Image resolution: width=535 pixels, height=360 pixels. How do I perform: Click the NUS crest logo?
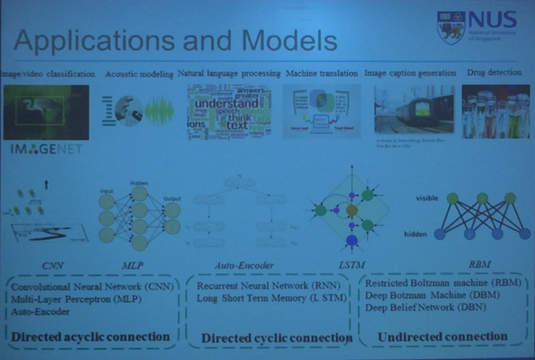[x=451, y=27]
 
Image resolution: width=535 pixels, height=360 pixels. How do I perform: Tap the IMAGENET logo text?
[x=46, y=149]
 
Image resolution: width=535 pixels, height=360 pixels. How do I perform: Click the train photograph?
[x=414, y=109]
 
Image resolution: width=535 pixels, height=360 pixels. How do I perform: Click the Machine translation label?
[x=321, y=73]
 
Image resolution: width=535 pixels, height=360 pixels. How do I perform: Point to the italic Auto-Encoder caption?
[x=244, y=265]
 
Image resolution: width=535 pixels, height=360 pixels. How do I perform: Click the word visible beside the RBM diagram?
[x=427, y=198]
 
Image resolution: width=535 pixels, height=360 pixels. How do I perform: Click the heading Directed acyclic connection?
[x=90, y=336]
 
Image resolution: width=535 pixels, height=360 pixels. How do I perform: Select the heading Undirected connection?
[x=442, y=336]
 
